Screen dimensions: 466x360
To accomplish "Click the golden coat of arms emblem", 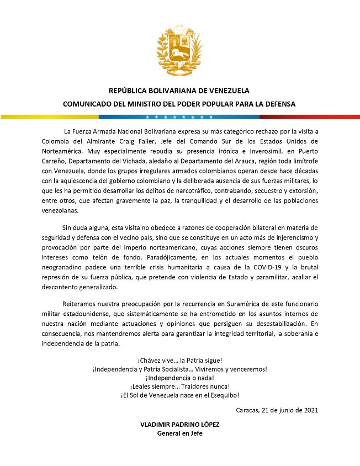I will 179,50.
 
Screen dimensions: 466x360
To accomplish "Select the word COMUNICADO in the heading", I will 88,103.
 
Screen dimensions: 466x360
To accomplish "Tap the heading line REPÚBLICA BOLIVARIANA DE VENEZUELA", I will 179,91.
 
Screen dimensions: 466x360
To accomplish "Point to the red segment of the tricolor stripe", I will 309,117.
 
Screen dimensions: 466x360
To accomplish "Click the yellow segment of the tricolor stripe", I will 50,117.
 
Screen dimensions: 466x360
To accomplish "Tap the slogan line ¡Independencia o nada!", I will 179,377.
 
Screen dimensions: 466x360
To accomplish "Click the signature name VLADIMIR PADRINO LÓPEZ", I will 179,424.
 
